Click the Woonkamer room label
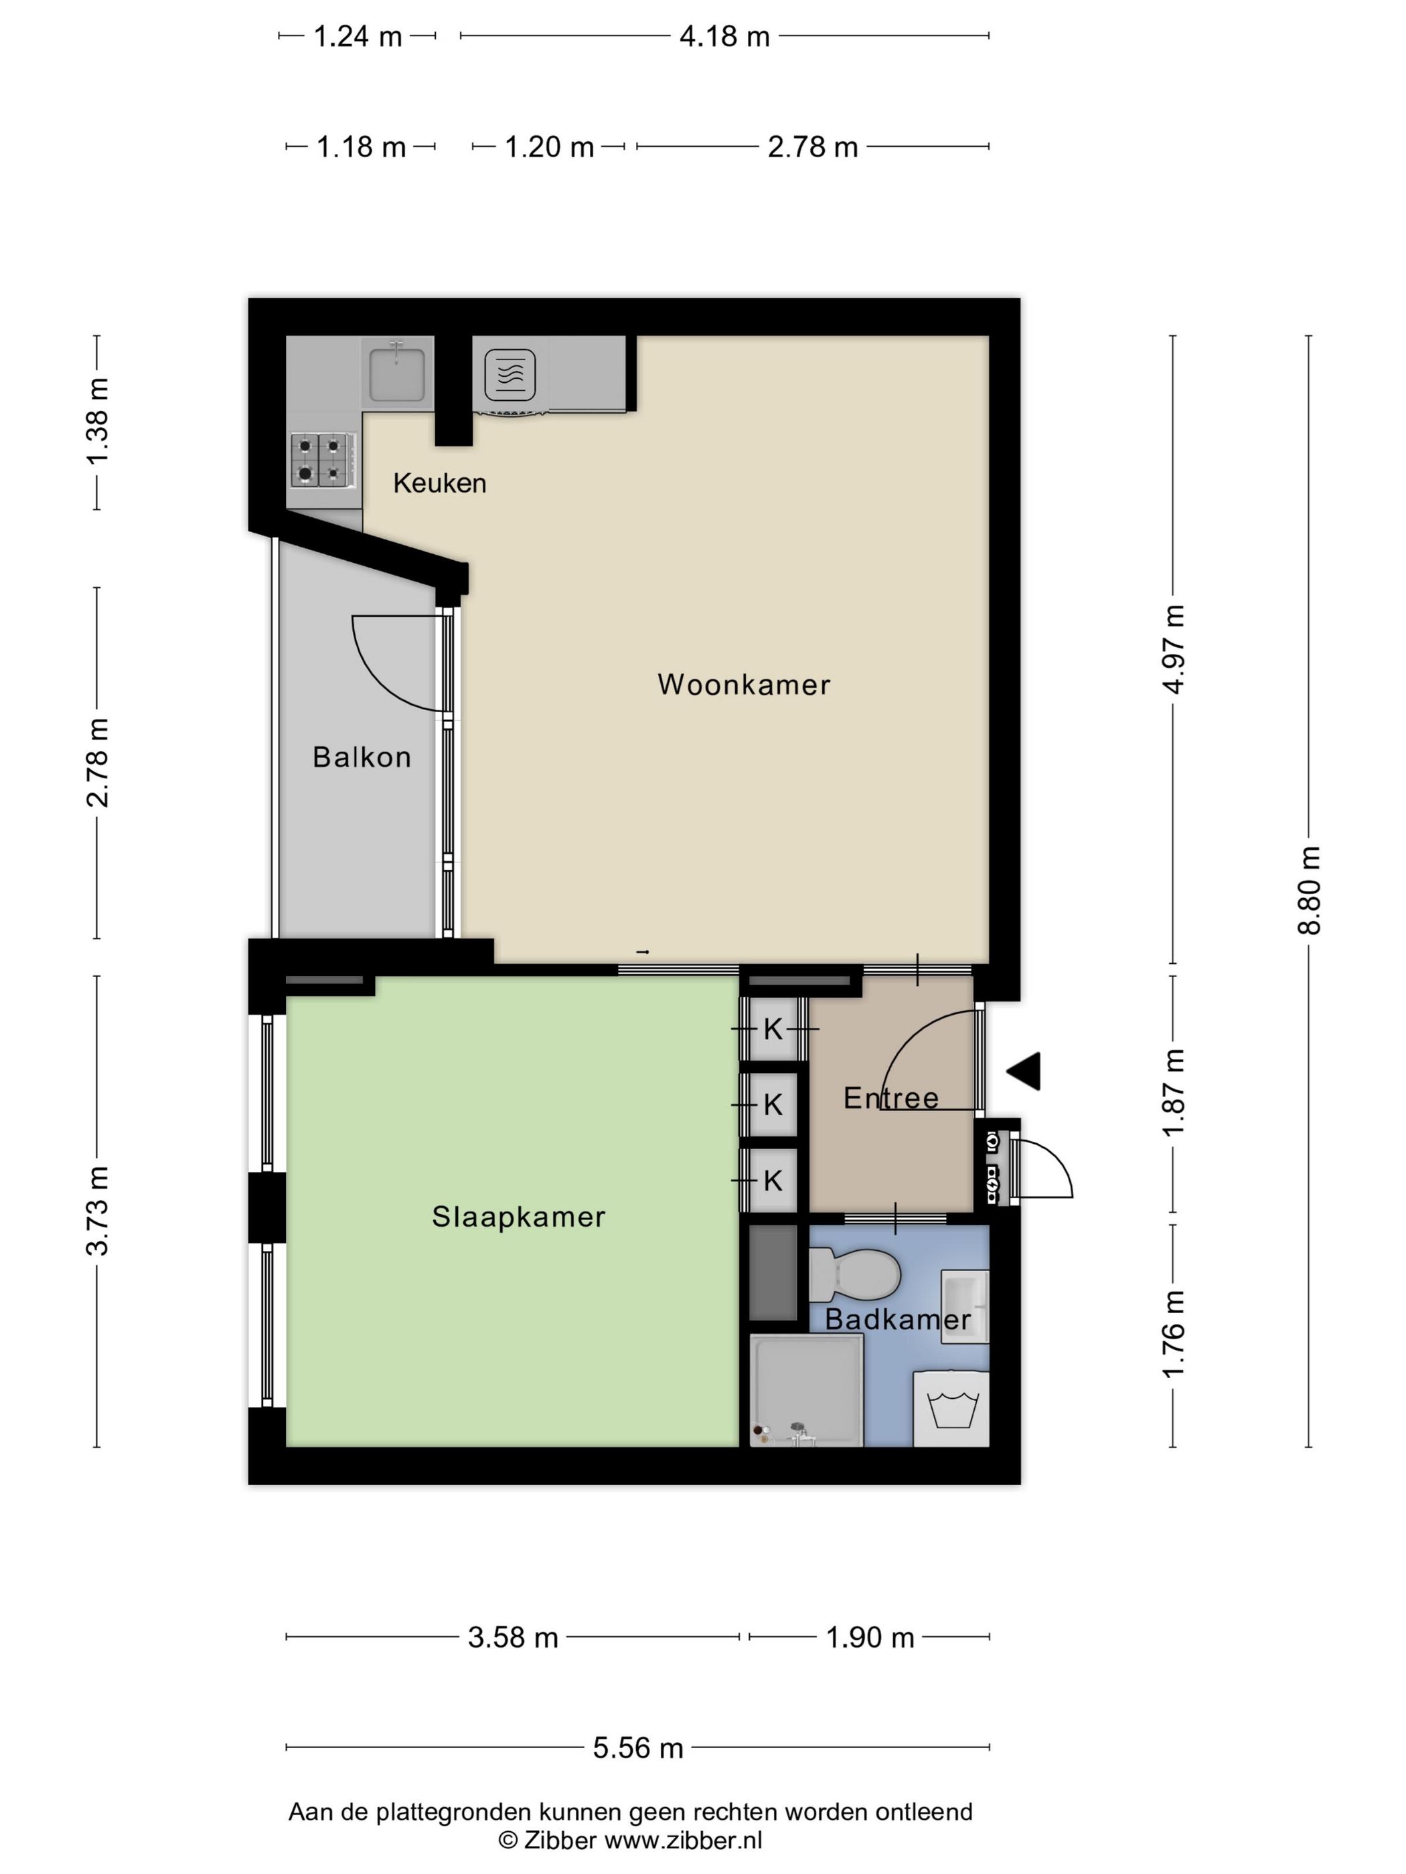pyautogui.click(x=743, y=685)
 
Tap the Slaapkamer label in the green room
pyautogui.click(x=519, y=1217)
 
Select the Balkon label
pyautogui.click(x=362, y=756)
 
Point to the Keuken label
pyautogui.click(x=440, y=483)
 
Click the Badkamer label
pyautogui.click(x=898, y=1319)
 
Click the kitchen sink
pyautogui.click(x=396, y=372)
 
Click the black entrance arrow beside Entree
pyautogui.click(x=1024, y=1071)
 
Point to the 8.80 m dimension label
pyautogui.click(x=1308, y=889)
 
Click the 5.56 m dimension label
pyautogui.click(x=637, y=1748)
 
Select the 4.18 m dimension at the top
pyautogui.click(x=724, y=36)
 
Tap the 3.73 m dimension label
pyautogui.click(x=98, y=1211)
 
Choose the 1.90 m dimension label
pyautogui.click(x=870, y=1638)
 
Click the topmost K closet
pyautogui.click(x=772, y=1029)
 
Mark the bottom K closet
pyautogui.click(x=772, y=1180)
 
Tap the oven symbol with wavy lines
pyautogui.click(x=510, y=373)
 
